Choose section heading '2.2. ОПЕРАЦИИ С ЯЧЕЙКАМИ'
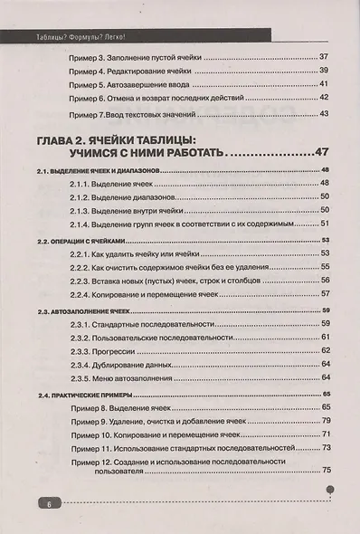[x=72, y=241]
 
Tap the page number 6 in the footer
[x=41, y=502]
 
